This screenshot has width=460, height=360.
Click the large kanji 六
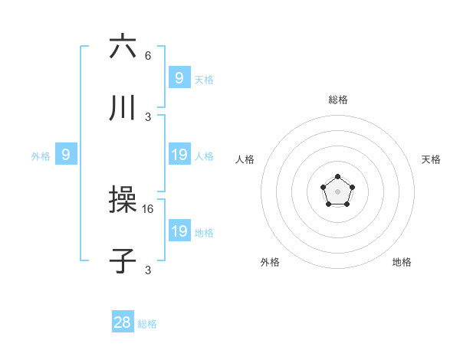coord(123,47)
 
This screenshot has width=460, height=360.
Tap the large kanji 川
coord(123,109)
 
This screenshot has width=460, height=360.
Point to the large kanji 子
coord(123,261)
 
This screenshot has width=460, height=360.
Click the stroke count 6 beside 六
coord(148,56)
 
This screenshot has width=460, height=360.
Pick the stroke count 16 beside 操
coord(149,208)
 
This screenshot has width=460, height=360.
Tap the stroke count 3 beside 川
coord(148,117)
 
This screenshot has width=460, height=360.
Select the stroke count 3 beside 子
coord(148,270)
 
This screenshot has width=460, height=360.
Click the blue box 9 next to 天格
coord(179,77)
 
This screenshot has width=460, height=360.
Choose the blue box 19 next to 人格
coord(179,155)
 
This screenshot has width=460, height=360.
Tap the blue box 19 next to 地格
coord(179,231)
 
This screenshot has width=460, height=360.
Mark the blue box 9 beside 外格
coord(66,155)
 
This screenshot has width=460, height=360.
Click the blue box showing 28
coord(123,322)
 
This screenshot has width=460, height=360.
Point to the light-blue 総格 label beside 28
coord(147,324)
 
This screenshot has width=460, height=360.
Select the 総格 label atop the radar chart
coord(337,100)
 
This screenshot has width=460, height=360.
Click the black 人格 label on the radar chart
coord(245,159)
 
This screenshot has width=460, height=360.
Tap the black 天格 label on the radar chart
coord(431,159)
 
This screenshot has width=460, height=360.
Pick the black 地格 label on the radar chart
coord(402,262)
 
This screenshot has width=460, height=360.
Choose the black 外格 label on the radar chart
coord(270,262)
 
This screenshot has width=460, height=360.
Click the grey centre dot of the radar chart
coord(337,191)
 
